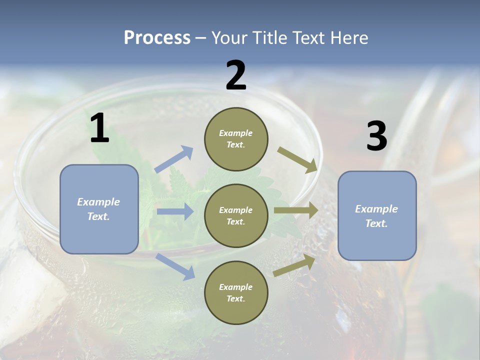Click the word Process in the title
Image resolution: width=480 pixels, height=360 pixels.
coord(157,38)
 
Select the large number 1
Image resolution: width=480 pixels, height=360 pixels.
coord(99,128)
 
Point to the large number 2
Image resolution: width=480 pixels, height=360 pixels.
coord(236,75)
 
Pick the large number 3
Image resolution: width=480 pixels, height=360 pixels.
coord(376,136)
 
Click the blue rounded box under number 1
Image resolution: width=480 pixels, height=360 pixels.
coord(99,209)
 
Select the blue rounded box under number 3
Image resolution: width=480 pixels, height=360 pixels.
coord(377,215)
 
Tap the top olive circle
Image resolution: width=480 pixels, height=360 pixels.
coord(236,139)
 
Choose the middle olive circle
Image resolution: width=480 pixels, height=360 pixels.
coord(236,215)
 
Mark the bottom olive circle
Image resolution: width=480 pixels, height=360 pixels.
coord(236,292)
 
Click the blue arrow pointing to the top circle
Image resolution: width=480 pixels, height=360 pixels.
coord(174,159)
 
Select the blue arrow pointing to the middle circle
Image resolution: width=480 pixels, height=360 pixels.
coord(175,211)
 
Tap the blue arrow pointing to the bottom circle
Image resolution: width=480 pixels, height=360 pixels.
coord(175,266)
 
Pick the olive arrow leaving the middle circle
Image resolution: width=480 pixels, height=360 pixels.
coord(296,210)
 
